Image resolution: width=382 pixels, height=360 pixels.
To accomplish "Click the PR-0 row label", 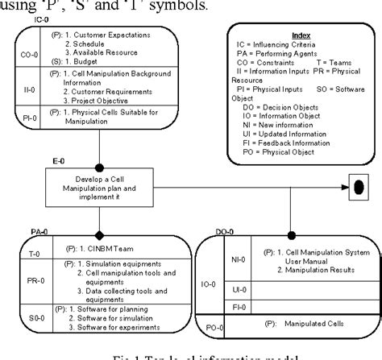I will pyautogui.click(x=26, y=282).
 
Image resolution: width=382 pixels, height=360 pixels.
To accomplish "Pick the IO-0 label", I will pyautogui.click(x=207, y=284).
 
